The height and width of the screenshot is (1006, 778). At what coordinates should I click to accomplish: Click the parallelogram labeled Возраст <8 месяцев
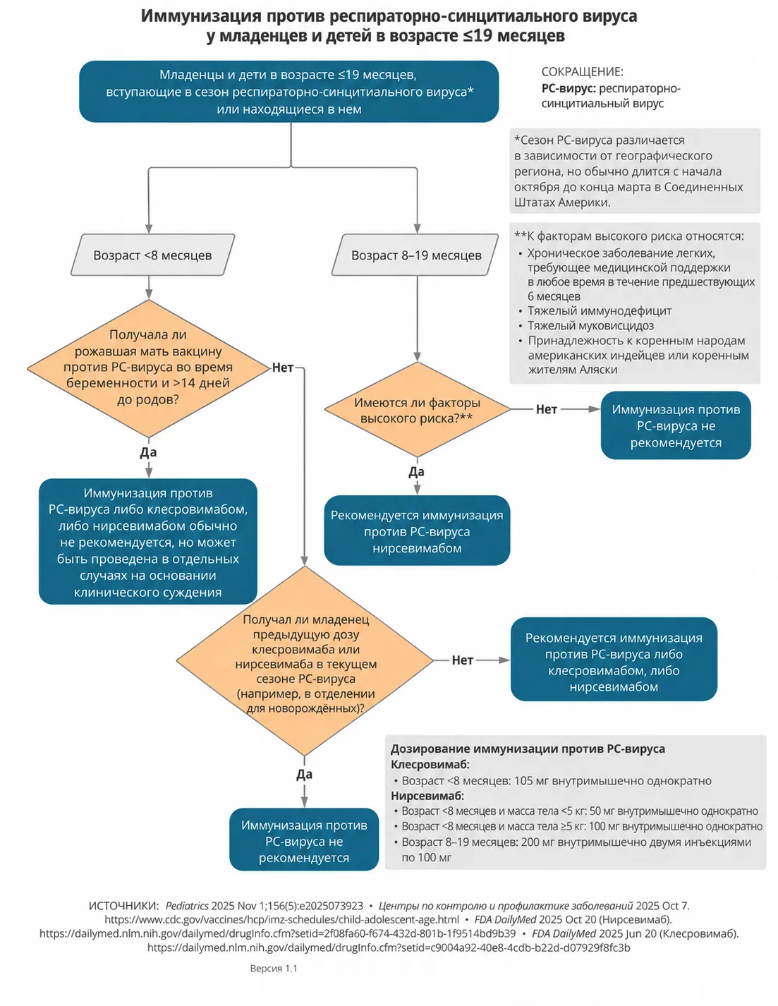[152, 255]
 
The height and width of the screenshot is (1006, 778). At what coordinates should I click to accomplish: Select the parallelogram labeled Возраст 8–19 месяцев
[415, 255]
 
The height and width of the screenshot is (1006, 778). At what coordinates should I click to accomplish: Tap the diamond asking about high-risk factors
[417, 409]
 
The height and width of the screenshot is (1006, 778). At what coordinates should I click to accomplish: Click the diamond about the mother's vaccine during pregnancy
[148, 368]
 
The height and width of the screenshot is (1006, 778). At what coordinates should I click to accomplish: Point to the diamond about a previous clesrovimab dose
[305, 661]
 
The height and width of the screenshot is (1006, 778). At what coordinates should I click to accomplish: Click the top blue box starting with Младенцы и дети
[288, 92]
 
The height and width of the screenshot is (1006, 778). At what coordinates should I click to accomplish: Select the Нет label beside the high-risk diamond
[546, 409]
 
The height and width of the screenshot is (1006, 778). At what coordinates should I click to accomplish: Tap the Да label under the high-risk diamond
[417, 472]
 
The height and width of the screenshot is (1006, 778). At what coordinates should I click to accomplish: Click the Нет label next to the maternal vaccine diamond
[282, 368]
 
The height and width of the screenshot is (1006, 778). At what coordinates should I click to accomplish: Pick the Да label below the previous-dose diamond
[304, 774]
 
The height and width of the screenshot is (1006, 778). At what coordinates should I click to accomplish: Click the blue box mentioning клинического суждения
[148, 541]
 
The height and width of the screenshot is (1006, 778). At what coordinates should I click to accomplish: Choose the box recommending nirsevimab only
[417, 531]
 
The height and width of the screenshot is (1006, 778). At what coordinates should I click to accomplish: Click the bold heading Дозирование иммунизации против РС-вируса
[528, 749]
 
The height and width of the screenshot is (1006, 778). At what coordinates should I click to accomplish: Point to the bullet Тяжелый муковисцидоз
[590, 325]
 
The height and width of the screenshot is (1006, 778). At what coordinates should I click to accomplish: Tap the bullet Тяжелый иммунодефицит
[600, 310]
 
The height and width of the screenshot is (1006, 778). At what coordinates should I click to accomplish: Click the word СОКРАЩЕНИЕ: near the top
[582, 72]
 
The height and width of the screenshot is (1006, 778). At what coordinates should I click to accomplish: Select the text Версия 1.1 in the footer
[274, 968]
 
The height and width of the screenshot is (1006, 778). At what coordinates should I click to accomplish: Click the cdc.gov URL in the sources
[282, 919]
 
